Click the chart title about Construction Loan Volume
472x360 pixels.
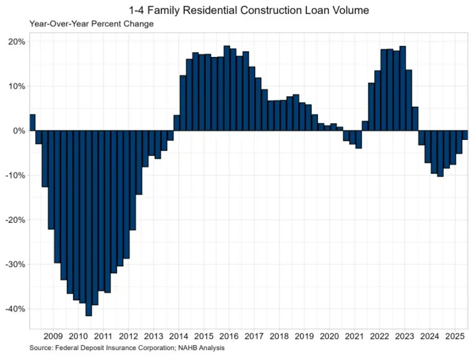pyautogui.click(x=248, y=10)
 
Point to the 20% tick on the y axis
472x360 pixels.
pyautogui.click(x=17, y=42)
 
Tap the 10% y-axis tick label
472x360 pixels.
pyautogui.click(x=17, y=86)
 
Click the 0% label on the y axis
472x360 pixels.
pyautogui.click(x=19, y=131)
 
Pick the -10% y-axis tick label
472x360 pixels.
pyautogui.click(x=15, y=175)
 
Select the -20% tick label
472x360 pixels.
pyautogui.click(x=15, y=220)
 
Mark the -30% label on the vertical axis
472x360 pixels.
pyautogui.click(x=15, y=264)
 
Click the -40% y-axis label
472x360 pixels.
pyautogui.click(x=15, y=309)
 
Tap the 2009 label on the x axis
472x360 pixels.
pyautogui.click(x=53, y=336)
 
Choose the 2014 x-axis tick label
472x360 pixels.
pyautogui.click(x=179, y=336)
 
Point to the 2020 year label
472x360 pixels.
pyautogui.click(x=329, y=336)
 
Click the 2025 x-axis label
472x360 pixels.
pyautogui.click(x=454, y=336)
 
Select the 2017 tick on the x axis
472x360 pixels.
pyautogui.click(x=254, y=336)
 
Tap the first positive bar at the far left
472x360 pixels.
pyautogui.click(x=33, y=122)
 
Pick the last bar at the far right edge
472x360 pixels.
pyautogui.click(x=465, y=135)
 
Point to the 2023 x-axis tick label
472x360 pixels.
pyautogui.click(x=405, y=336)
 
